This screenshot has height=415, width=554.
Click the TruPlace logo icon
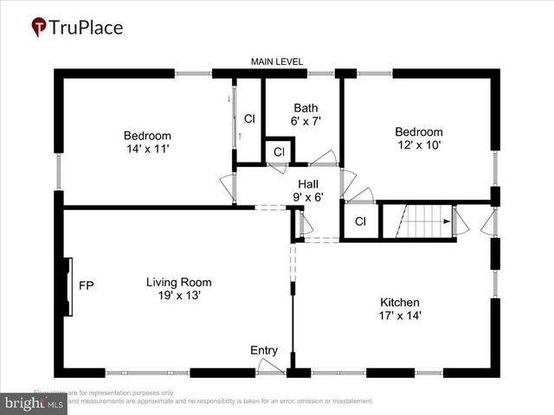[x=39, y=27]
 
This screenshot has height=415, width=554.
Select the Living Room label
[x=178, y=282]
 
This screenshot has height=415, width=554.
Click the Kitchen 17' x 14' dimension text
[x=401, y=316]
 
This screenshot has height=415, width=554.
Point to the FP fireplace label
[x=86, y=285]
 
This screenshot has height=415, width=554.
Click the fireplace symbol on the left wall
[x=67, y=285]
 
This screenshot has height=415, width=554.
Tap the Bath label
[x=306, y=108]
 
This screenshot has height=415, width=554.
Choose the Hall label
[x=308, y=184]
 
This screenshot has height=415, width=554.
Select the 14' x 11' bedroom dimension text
[x=147, y=149]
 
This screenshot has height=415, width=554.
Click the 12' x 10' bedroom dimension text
[x=419, y=145]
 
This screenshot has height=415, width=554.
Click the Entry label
[x=264, y=350]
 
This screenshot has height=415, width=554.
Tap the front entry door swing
[x=270, y=367]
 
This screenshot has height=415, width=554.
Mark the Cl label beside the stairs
[x=360, y=221]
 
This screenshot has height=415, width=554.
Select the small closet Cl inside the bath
[x=279, y=152]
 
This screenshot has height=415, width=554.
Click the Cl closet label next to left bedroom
[x=249, y=118]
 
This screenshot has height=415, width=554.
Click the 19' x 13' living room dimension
[x=178, y=295]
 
